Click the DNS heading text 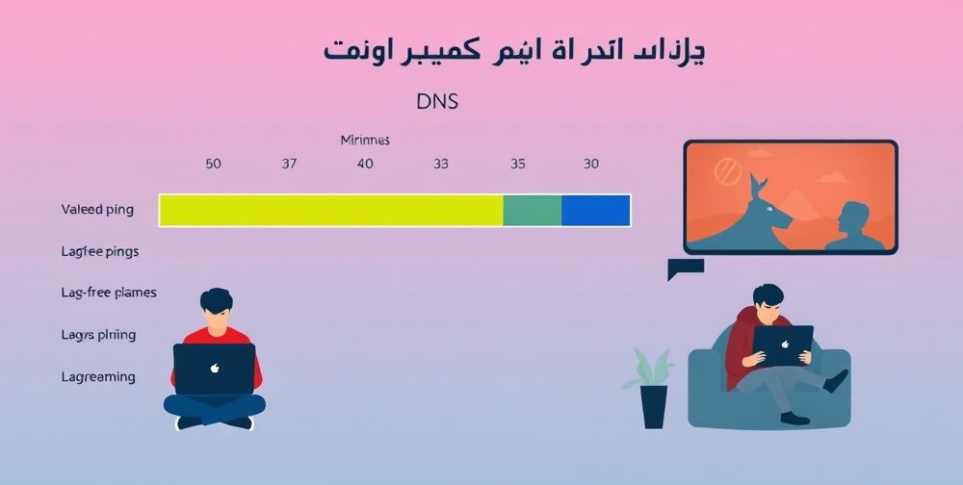[x=438, y=102]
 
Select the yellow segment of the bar [x=330, y=210]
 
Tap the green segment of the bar [x=533, y=210]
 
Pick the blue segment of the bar [x=595, y=210]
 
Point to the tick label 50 [x=214, y=164]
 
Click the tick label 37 [x=289, y=164]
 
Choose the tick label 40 [x=365, y=164]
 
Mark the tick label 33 [x=441, y=164]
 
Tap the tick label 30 [x=591, y=164]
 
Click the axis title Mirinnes [x=365, y=140]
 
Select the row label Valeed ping [x=97, y=209]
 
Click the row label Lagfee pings [x=100, y=251]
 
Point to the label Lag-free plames [x=109, y=292]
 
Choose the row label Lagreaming [x=98, y=376]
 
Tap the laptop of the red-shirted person [x=215, y=369]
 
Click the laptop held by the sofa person [x=783, y=345]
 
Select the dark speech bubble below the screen [x=684, y=268]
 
